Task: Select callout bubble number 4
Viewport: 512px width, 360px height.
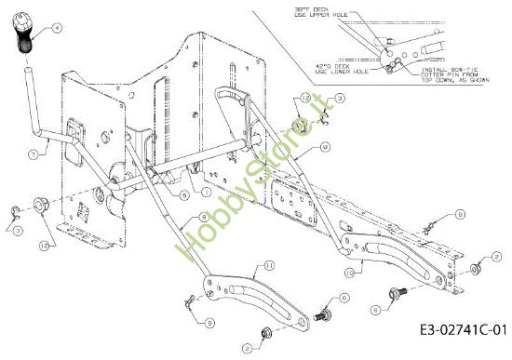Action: point(59,29)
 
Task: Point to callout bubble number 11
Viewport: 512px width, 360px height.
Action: point(269,266)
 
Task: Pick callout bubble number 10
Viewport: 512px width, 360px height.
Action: point(349,273)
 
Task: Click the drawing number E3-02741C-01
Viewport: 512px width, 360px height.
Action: point(463,329)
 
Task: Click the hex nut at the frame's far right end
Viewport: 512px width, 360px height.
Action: point(475,269)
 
